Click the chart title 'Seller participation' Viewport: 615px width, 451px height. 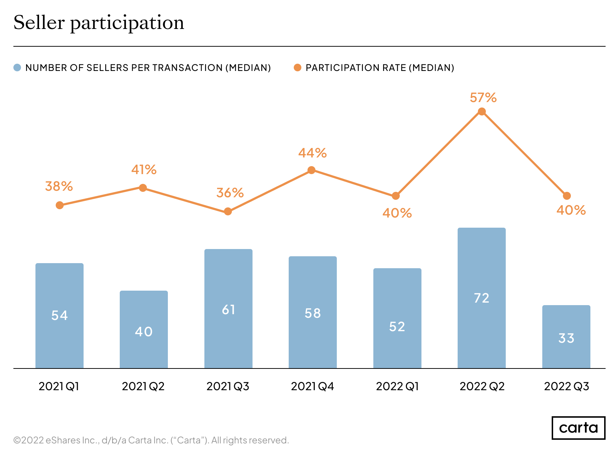pos(99,23)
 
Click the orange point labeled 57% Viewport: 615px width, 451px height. pos(482,111)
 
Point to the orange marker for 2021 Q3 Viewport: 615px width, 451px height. pos(228,211)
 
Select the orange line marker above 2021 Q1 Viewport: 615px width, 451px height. pos(60,205)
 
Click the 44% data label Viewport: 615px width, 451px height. pos(312,153)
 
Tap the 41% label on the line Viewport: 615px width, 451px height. pos(144,170)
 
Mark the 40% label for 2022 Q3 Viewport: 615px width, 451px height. pos(571,210)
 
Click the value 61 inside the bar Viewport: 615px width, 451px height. pos(229,310)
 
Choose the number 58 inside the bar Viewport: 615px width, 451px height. pos(313,313)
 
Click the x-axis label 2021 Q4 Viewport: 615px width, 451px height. pos(312,387)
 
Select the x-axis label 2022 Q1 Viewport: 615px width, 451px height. pos(397,387)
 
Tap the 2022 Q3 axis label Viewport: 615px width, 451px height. pos(567,387)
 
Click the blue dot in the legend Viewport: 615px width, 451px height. pos(17,68)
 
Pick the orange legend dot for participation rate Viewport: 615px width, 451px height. pos(297,68)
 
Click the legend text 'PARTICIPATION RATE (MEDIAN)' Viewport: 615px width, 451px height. pos(380,68)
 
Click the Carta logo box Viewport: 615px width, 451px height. pos(578,428)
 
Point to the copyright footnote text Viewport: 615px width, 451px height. pos(151,440)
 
